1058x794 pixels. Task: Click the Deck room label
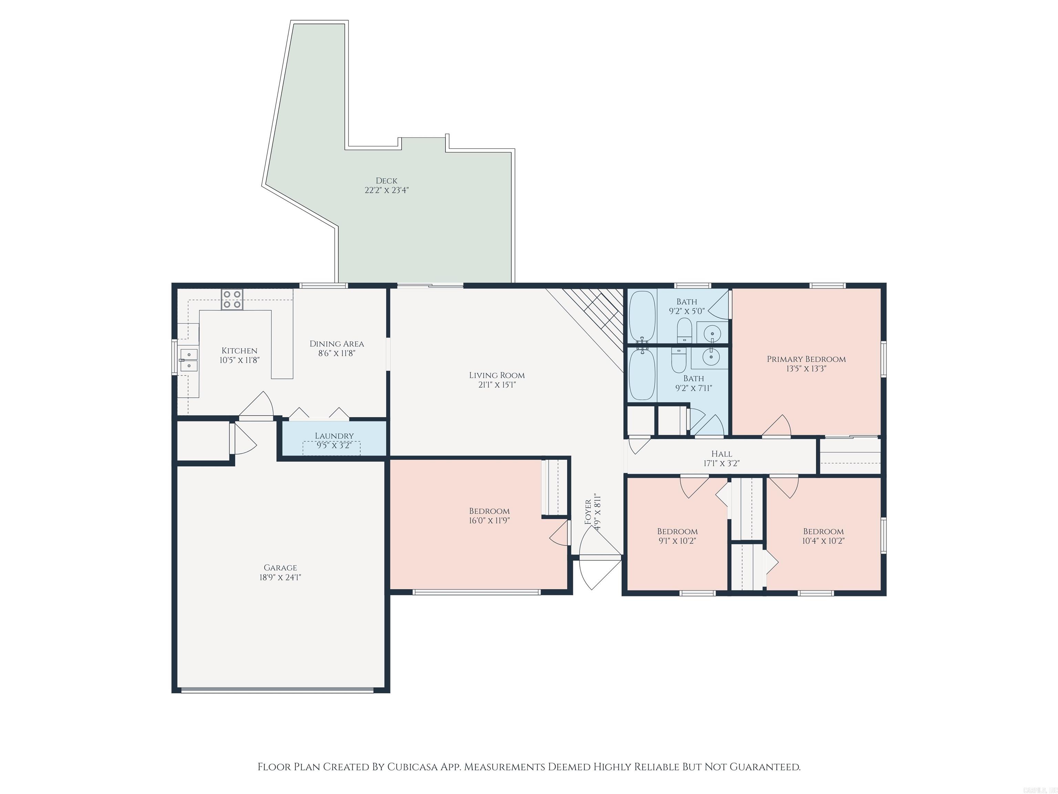click(x=386, y=181)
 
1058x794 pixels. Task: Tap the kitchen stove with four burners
click(x=232, y=299)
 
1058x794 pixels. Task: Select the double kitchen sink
click(x=189, y=360)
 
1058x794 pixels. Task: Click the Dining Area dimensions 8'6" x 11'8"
click(x=337, y=354)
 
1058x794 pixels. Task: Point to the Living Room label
click(x=497, y=375)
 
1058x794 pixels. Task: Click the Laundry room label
click(x=334, y=436)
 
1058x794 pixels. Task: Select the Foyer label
click(x=588, y=512)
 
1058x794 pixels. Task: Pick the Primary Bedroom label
click(x=806, y=359)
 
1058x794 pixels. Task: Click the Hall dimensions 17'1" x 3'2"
click(x=721, y=463)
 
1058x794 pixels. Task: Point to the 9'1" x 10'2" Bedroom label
click(x=677, y=531)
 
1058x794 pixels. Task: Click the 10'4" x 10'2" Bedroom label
click(x=823, y=531)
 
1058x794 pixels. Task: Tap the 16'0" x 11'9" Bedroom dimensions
click(x=489, y=521)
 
